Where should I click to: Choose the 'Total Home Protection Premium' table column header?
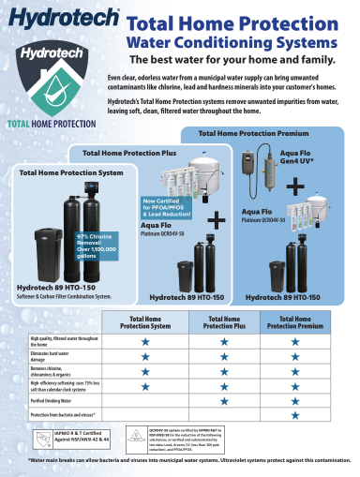[295, 322]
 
